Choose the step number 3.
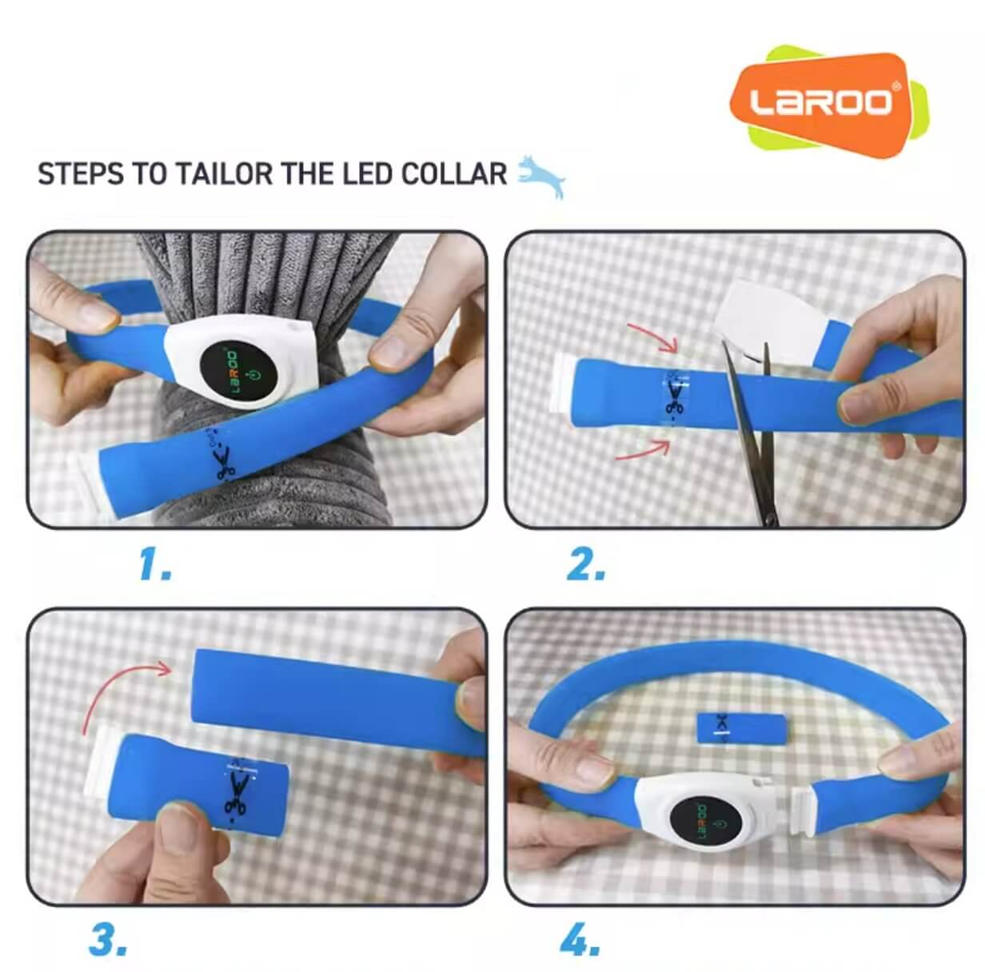(107, 940)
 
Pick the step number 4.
(580, 940)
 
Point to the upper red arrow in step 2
(651, 335)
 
